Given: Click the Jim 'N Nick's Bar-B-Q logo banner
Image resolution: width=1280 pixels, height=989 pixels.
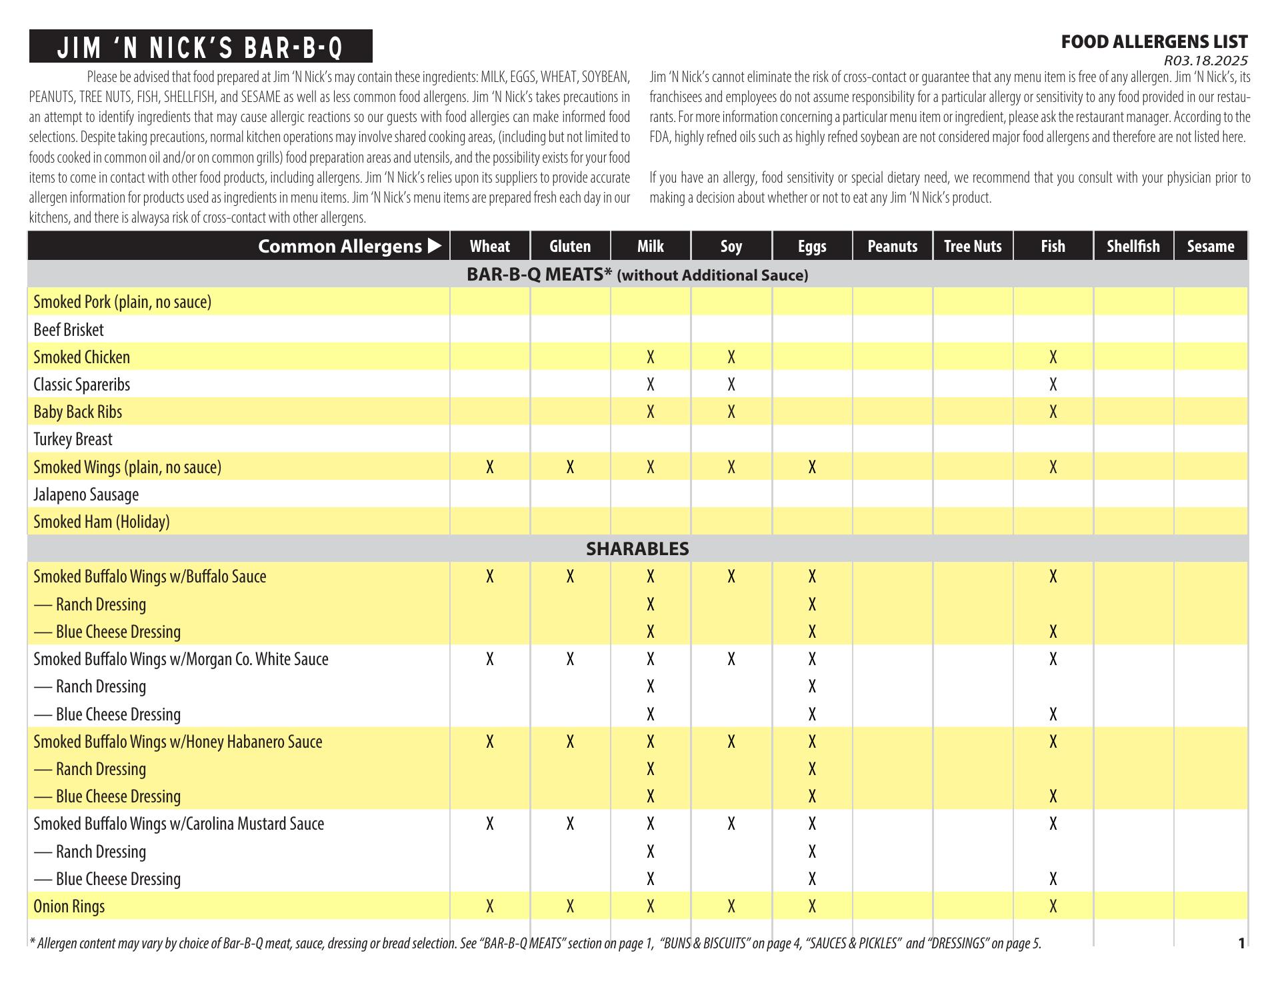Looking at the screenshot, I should (200, 47).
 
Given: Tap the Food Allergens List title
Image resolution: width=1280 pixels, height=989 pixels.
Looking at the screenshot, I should (1154, 42).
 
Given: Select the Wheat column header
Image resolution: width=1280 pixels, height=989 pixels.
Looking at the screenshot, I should (489, 247).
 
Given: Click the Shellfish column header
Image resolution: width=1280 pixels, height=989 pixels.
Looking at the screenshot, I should (1133, 247).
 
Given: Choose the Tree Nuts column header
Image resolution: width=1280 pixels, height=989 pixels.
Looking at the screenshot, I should (973, 247).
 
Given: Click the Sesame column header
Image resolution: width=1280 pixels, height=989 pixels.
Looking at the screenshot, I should (1210, 247).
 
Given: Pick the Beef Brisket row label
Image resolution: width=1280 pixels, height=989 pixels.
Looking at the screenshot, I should (69, 330).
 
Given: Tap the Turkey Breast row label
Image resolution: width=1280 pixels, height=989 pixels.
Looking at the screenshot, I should (73, 439).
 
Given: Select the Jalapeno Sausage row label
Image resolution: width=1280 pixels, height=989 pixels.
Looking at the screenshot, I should (86, 494).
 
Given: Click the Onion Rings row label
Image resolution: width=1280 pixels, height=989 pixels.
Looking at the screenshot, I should (69, 906).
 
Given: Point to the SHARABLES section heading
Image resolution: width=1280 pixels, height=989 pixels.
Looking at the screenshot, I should (637, 549).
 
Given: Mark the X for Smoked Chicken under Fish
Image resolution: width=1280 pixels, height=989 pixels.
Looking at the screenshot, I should (1053, 357).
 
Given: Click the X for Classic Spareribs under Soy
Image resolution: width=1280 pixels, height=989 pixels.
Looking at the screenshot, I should (731, 385).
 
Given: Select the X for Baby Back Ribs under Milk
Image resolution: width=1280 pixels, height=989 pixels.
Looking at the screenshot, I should (650, 412).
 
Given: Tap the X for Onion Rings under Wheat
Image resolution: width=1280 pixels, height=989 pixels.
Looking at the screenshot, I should (489, 906).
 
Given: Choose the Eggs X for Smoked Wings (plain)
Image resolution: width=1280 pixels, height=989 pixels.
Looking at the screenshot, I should (811, 467).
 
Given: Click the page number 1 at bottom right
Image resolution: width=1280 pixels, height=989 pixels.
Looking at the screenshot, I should (1241, 943).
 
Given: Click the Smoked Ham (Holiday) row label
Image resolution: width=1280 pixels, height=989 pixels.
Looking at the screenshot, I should (101, 522).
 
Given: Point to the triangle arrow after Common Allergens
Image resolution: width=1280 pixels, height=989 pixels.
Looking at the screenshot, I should (435, 246).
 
